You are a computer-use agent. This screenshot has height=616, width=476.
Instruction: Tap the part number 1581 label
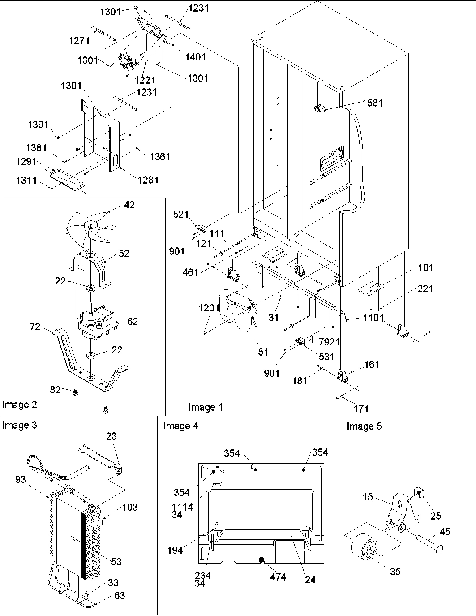[x=373, y=103]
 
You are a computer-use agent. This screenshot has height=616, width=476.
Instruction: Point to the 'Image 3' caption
[x=19, y=425]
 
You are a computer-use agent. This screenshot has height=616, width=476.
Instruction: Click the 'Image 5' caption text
[x=364, y=426]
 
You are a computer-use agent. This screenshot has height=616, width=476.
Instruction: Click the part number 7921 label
[x=329, y=342]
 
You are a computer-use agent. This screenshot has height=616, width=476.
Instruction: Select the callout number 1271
[x=79, y=41]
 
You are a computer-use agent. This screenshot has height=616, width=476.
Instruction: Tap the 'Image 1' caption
[x=205, y=407]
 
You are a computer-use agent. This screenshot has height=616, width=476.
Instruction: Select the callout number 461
[x=190, y=272]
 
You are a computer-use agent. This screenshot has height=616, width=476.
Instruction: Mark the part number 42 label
[x=129, y=205]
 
